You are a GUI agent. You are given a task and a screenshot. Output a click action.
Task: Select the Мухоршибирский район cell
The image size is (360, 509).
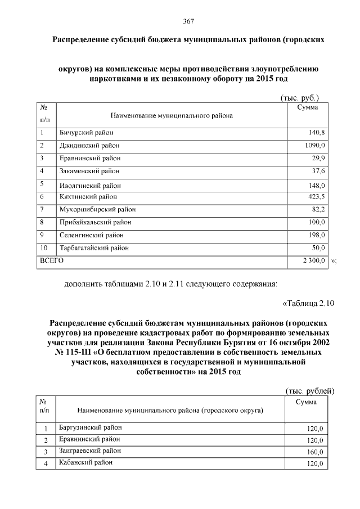tap(97, 210)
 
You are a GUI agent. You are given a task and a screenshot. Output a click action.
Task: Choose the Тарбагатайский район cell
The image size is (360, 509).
tap(94, 248)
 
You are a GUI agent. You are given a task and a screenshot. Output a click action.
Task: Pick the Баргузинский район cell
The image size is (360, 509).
tap(90, 427)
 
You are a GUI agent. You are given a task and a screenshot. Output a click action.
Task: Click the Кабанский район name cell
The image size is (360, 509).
tap(85, 462)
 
